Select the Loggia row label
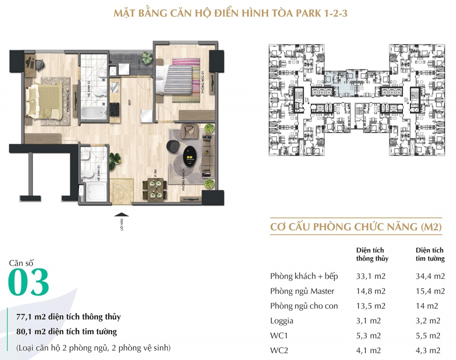tap(282, 320)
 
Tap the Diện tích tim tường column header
tap(430, 254)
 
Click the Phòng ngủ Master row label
tap(302, 291)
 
